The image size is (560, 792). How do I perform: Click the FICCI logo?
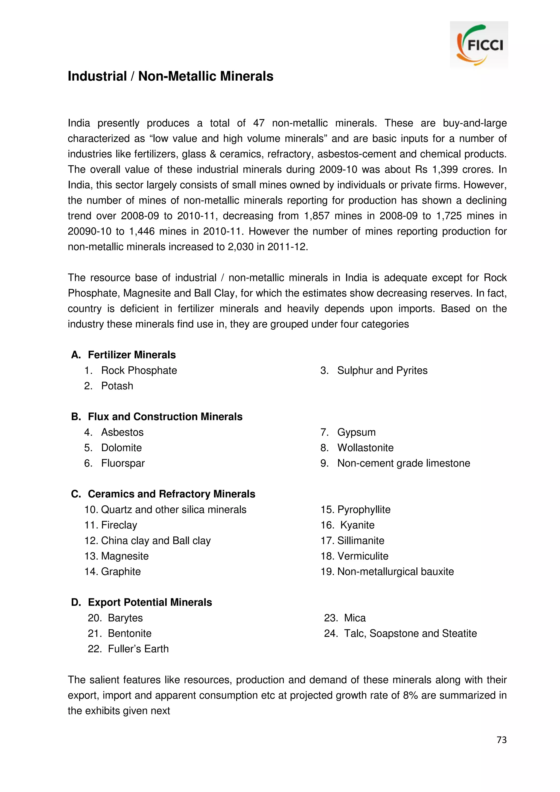479,45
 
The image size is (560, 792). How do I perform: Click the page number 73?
501,740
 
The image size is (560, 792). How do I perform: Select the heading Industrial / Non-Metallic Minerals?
170,76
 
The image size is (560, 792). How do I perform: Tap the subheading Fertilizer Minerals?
132,355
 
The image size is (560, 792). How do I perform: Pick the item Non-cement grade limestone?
403,463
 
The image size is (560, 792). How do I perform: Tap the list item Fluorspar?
123,463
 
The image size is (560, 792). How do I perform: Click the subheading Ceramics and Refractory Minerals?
171,494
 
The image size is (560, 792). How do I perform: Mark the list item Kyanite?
357,525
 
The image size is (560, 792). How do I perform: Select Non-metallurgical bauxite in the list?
395,571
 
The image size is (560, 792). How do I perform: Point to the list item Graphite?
121,571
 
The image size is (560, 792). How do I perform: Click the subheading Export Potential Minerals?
150,602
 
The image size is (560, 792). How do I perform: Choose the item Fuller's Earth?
138,649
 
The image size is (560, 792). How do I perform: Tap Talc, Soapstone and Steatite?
410,633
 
